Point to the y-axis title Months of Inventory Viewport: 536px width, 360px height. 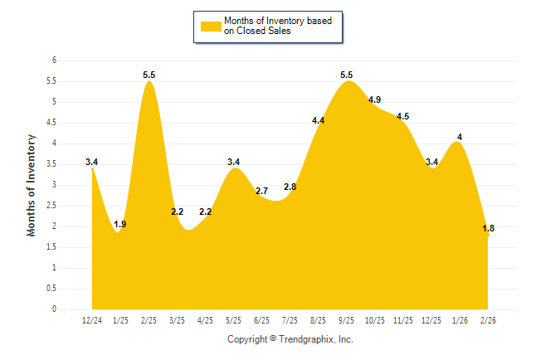pyautogui.click(x=32, y=185)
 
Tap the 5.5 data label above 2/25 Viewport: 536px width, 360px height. pyautogui.click(x=149, y=75)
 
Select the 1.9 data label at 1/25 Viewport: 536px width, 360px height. pyautogui.click(x=119, y=225)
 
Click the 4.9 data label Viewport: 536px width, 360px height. pyautogui.click(x=374, y=100)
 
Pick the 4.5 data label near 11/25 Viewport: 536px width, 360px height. pyautogui.click(x=402, y=117)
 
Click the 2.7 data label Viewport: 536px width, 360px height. pyautogui.click(x=261, y=192)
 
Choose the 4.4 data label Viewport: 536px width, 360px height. pyautogui.click(x=318, y=121)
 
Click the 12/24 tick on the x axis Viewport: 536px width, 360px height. pyautogui.click(x=91, y=320)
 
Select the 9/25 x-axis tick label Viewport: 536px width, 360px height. pyautogui.click(x=346, y=320)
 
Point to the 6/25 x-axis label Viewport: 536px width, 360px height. pyautogui.click(x=261, y=320)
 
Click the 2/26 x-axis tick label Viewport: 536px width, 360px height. pyautogui.click(x=488, y=320)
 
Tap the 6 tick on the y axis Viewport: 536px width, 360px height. pyautogui.click(x=54, y=61)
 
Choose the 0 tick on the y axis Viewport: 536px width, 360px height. pyautogui.click(x=54, y=309)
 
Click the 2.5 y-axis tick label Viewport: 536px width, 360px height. pyautogui.click(x=51, y=206)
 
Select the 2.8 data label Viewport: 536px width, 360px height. pyautogui.click(x=290, y=187)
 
